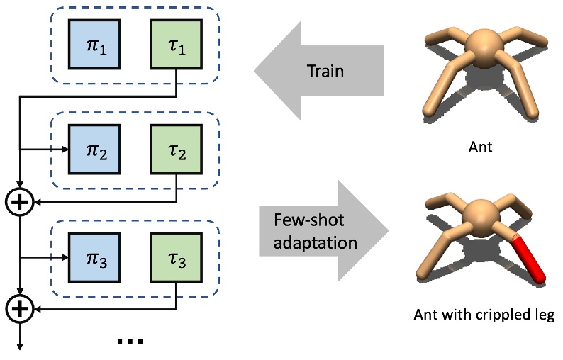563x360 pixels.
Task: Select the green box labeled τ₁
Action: click(x=177, y=44)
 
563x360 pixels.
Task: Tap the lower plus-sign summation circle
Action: click(x=20, y=308)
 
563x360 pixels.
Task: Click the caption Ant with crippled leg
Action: click(x=483, y=315)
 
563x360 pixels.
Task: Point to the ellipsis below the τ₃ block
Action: click(x=130, y=342)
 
